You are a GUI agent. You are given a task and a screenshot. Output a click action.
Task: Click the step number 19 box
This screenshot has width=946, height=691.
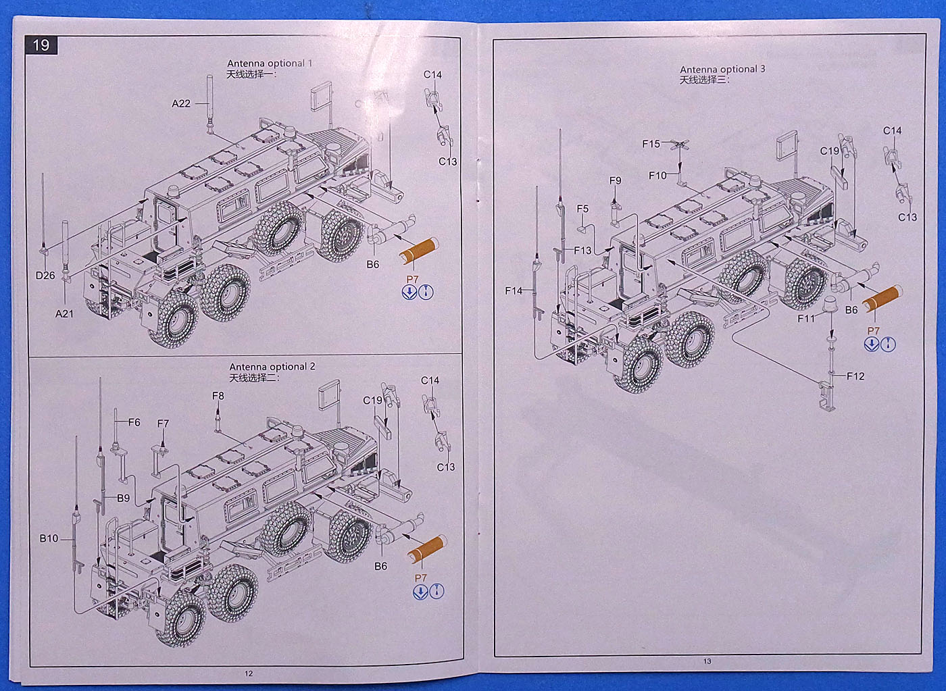click(41, 45)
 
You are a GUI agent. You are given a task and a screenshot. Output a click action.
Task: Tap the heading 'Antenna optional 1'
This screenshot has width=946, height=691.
click(270, 63)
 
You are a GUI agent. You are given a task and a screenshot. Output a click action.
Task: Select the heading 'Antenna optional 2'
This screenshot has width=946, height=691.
click(272, 367)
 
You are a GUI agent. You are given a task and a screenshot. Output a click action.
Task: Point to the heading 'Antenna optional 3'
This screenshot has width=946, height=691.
click(722, 69)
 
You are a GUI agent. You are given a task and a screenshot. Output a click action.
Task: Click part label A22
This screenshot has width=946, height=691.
click(181, 103)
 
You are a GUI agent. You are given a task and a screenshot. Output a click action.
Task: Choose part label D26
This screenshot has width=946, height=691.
click(45, 276)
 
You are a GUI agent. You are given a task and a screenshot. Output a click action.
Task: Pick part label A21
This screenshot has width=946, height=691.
click(64, 313)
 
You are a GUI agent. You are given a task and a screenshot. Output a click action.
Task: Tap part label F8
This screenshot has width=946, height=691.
click(218, 396)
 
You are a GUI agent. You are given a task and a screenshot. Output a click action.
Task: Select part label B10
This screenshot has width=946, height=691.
click(49, 538)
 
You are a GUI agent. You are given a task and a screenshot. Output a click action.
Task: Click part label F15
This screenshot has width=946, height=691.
click(651, 144)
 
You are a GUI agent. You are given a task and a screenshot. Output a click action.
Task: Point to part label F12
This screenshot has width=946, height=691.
click(855, 376)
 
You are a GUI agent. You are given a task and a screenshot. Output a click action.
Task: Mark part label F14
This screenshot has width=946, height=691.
click(514, 290)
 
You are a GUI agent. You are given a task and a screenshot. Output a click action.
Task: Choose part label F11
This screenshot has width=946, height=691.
click(806, 318)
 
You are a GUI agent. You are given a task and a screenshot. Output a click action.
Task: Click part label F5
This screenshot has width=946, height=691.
click(582, 209)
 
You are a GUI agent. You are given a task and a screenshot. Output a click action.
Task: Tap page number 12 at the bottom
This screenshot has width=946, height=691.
click(249, 673)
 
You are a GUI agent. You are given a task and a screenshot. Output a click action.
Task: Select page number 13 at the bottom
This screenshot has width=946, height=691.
click(707, 661)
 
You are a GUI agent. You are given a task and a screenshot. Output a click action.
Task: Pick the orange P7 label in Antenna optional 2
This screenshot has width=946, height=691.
click(420, 578)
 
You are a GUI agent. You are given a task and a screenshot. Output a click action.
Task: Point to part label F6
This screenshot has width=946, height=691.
click(134, 422)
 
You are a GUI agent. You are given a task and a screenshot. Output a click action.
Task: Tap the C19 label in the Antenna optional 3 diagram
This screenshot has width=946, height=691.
click(829, 151)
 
